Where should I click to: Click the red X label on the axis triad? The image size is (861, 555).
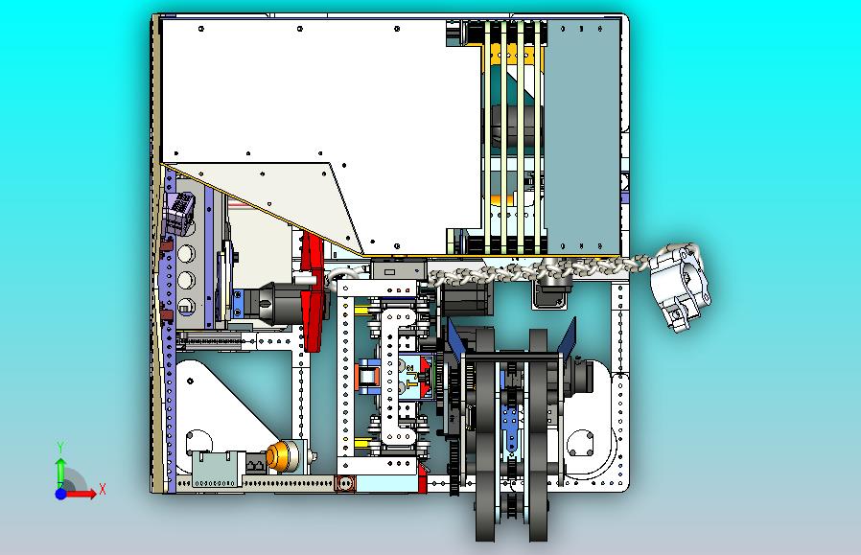[103, 489]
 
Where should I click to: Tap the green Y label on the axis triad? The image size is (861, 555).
[61, 448]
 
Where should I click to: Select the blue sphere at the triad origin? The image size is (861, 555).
[61, 494]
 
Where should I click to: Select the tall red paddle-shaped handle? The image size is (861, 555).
[313, 291]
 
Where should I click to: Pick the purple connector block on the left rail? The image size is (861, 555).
[178, 212]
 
